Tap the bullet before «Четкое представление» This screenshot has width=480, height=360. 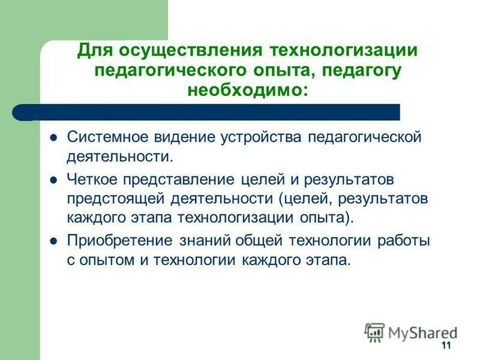[53, 179]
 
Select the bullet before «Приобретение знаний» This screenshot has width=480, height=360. [53, 241]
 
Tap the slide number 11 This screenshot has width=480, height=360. [446, 345]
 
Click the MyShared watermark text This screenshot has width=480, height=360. [422, 332]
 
